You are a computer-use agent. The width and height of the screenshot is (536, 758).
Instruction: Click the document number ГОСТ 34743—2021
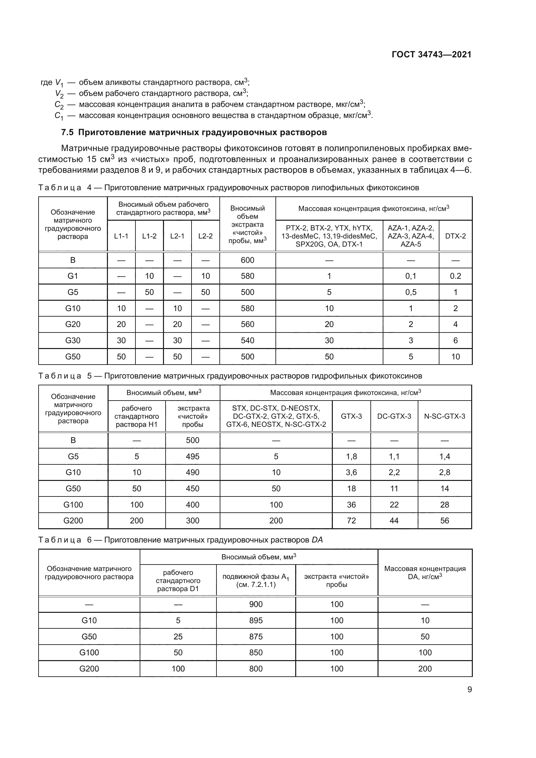(x=431, y=54)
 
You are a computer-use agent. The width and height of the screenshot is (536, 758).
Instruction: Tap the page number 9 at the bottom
(x=469, y=689)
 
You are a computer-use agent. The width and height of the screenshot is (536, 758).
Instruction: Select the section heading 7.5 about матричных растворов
(x=194, y=133)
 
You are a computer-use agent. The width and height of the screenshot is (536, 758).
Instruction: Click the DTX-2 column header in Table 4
(x=455, y=236)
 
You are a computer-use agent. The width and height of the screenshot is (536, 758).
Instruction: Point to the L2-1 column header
(x=177, y=236)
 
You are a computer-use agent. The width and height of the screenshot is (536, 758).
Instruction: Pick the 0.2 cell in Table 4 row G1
(x=455, y=276)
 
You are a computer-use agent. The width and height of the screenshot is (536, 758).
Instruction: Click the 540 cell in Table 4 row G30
(x=247, y=340)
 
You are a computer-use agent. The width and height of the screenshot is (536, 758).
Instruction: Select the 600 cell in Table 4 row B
(x=247, y=260)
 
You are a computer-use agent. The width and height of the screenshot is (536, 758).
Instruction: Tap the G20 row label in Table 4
(x=73, y=324)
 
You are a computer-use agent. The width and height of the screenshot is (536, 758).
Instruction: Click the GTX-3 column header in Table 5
(x=351, y=416)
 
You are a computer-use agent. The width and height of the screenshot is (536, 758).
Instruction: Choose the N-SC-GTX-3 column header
(x=444, y=416)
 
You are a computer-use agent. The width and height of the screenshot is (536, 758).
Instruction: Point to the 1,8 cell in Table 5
(x=351, y=456)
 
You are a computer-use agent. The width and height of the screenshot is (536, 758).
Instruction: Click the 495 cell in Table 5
(x=192, y=456)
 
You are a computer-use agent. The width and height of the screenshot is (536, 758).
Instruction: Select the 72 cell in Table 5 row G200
(x=351, y=521)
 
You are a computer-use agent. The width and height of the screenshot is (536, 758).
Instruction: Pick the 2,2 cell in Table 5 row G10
(x=394, y=472)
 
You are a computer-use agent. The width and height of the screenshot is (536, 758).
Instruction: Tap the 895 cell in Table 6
(x=256, y=620)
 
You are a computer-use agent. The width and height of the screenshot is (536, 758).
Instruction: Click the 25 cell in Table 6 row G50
(x=178, y=636)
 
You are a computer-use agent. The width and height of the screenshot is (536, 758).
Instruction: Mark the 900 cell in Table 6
(x=256, y=604)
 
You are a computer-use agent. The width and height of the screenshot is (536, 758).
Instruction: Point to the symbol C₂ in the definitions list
(x=59, y=105)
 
